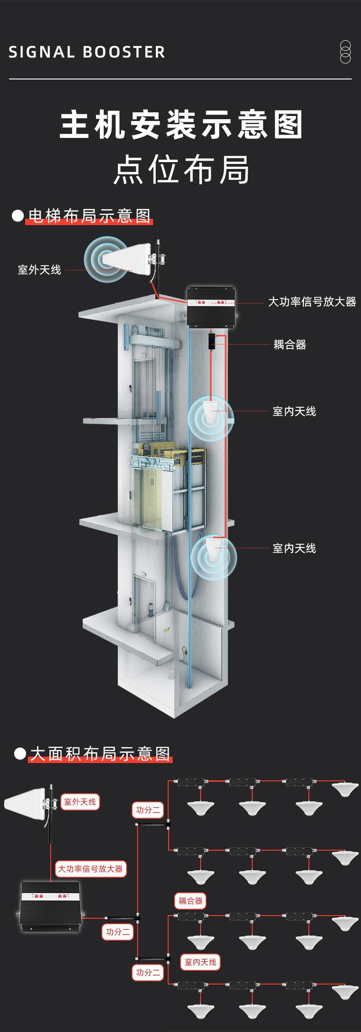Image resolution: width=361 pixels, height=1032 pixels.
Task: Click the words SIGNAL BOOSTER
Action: click(87, 52)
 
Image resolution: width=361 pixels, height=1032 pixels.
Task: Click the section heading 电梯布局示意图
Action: click(89, 216)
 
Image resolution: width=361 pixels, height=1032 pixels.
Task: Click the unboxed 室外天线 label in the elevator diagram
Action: click(39, 270)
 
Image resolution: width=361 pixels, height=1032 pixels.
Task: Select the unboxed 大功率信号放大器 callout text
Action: click(312, 302)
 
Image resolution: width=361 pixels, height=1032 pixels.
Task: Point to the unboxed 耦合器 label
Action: click(290, 345)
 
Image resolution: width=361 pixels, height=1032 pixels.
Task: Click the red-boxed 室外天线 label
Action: click(80, 802)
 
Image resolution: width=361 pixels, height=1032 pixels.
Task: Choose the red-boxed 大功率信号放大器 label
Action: click(90, 869)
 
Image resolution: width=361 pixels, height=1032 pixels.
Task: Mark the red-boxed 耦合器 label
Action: click(190, 901)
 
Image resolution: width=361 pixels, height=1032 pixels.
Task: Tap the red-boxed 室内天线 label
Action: click(200, 962)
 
